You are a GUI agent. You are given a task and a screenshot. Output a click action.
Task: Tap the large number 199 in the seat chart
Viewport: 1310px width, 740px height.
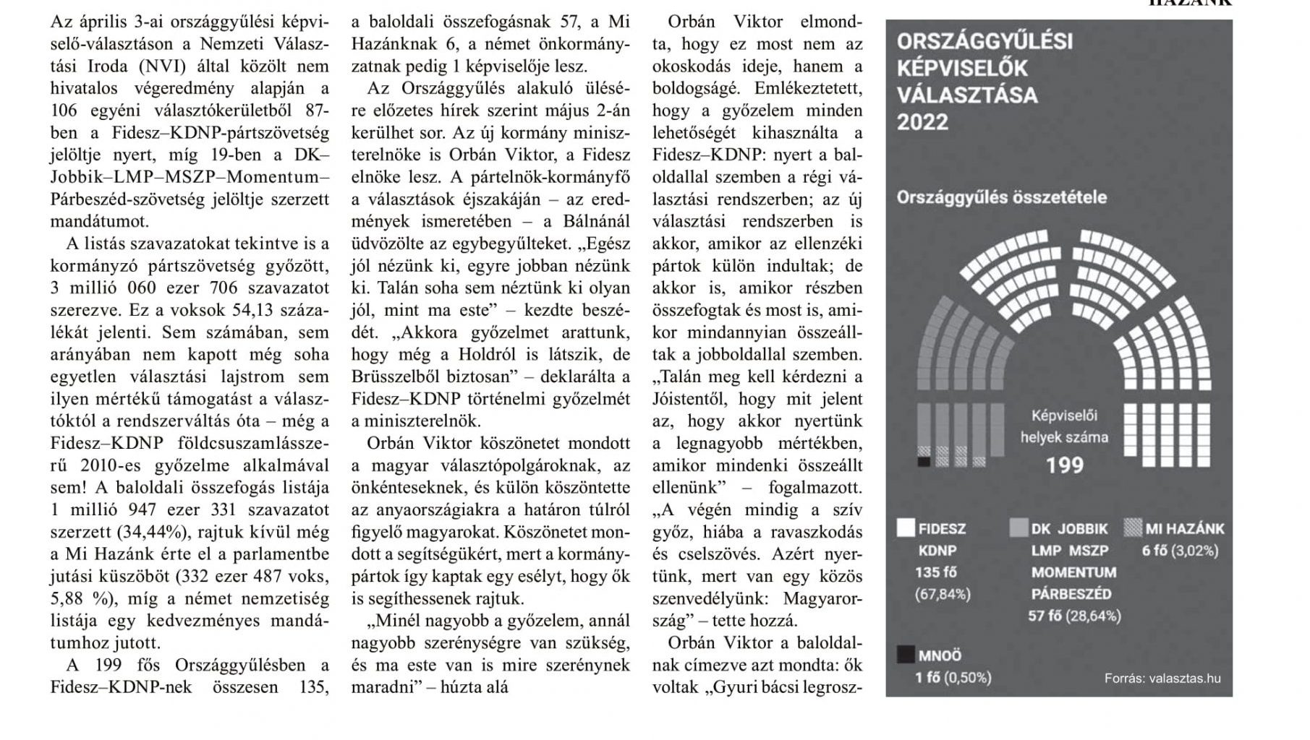1065,464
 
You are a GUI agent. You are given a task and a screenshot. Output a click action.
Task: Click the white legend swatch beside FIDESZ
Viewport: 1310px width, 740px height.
906,528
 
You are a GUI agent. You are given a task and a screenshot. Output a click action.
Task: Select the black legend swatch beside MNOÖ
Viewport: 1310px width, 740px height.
906,655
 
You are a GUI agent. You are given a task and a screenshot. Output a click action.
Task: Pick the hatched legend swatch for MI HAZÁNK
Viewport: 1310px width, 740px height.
1133,528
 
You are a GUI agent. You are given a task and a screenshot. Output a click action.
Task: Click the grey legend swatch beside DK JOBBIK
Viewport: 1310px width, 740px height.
1018,528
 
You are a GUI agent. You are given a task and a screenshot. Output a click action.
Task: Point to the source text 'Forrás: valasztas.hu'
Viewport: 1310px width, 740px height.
1162,678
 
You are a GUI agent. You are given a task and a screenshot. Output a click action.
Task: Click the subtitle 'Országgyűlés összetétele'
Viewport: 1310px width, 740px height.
1001,197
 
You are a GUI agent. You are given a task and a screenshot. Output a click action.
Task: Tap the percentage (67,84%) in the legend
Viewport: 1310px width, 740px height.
943,594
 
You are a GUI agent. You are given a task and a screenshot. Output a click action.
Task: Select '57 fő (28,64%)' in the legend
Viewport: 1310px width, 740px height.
1074,616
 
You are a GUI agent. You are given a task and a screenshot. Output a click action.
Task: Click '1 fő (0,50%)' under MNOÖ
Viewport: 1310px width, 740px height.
953,677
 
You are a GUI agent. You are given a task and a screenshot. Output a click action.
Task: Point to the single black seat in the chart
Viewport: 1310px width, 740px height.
924,461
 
